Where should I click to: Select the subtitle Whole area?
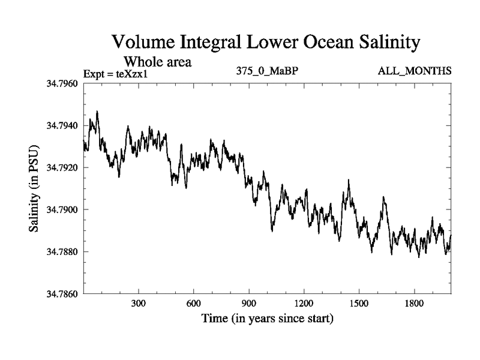click(158, 61)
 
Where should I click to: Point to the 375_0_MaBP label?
click(268, 71)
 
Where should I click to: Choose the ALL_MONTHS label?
click(415, 71)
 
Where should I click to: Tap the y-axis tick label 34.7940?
click(62, 125)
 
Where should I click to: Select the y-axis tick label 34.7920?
click(62, 167)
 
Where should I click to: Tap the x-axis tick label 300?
click(139, 304)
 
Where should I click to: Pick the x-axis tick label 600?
click(194, 304)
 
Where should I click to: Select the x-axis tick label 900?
click(249, 304)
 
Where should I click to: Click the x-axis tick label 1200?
click(304, 304)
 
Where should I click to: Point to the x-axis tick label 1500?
click(359, 304)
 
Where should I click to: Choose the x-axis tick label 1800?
click(414, 304)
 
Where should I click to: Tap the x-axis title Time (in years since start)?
click(267, 319)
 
